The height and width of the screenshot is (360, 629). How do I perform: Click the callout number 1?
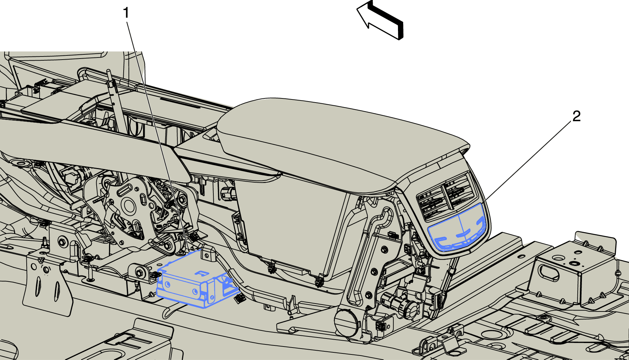point(126,13)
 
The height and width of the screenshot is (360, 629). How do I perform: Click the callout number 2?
point(576,116)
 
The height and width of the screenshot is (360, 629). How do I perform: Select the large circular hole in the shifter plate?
point(129,207)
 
